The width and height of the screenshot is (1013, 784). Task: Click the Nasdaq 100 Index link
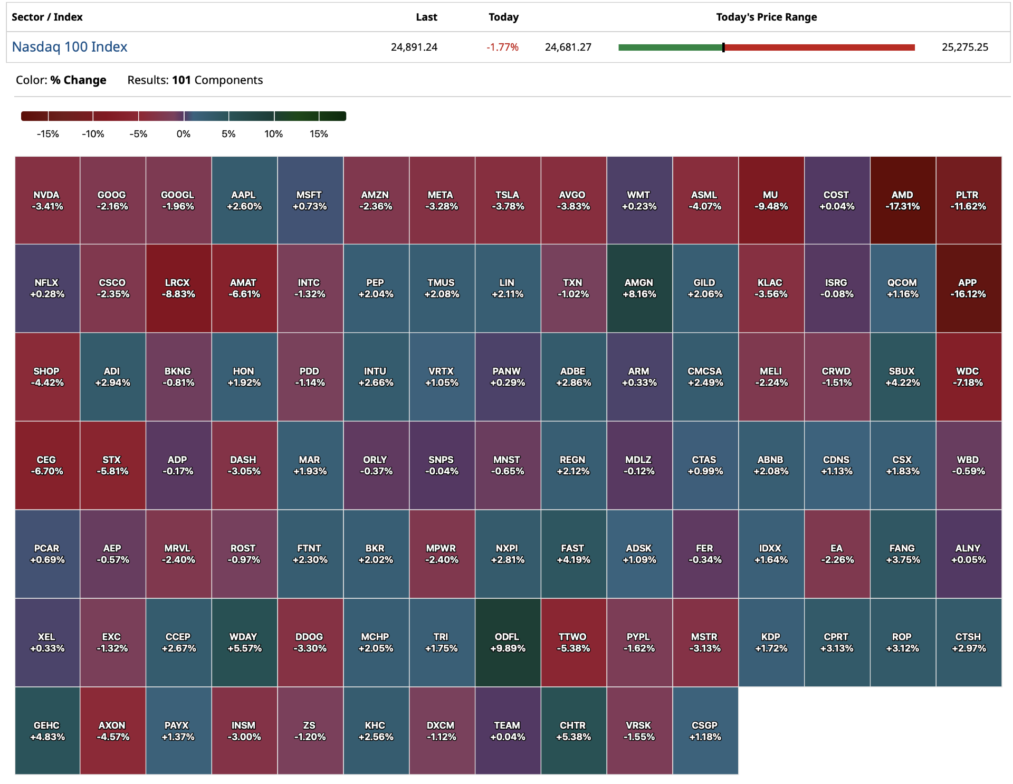(x=70, y=47)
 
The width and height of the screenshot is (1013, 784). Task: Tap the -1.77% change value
(x=502, y=47)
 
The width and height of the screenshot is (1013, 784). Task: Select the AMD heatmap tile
(x=902, y=200)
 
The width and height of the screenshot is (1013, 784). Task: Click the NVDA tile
(x=47, y=200)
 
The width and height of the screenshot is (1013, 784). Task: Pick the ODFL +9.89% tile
(x=508, y=643)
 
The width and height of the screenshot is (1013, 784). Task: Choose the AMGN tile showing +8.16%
(x=639, y=289)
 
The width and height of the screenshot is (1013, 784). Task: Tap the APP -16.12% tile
(x=968, y=289)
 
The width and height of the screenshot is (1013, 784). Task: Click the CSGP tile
(x=705, y=731)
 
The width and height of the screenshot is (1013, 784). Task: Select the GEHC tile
(x=47, y=731)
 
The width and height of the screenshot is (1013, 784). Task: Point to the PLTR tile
(x=968, y=200)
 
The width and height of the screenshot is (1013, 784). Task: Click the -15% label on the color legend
(x=48, y=134)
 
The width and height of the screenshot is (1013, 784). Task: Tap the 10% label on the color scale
(x=273, y=134)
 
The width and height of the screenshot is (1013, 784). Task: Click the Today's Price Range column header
(x=766, y=17)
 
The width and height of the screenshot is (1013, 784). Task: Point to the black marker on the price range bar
(x=723, y=47)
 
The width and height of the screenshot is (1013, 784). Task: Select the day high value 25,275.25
(x=964, y=47)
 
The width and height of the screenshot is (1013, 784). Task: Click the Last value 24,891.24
(x=414, y=47)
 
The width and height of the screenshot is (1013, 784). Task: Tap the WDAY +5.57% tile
(x=244, y=643)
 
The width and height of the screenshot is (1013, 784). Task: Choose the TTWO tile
(x=573, y=643)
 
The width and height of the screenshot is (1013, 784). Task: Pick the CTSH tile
(x=968, y=643)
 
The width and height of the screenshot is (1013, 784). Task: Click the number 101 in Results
(x=181, y=80)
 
